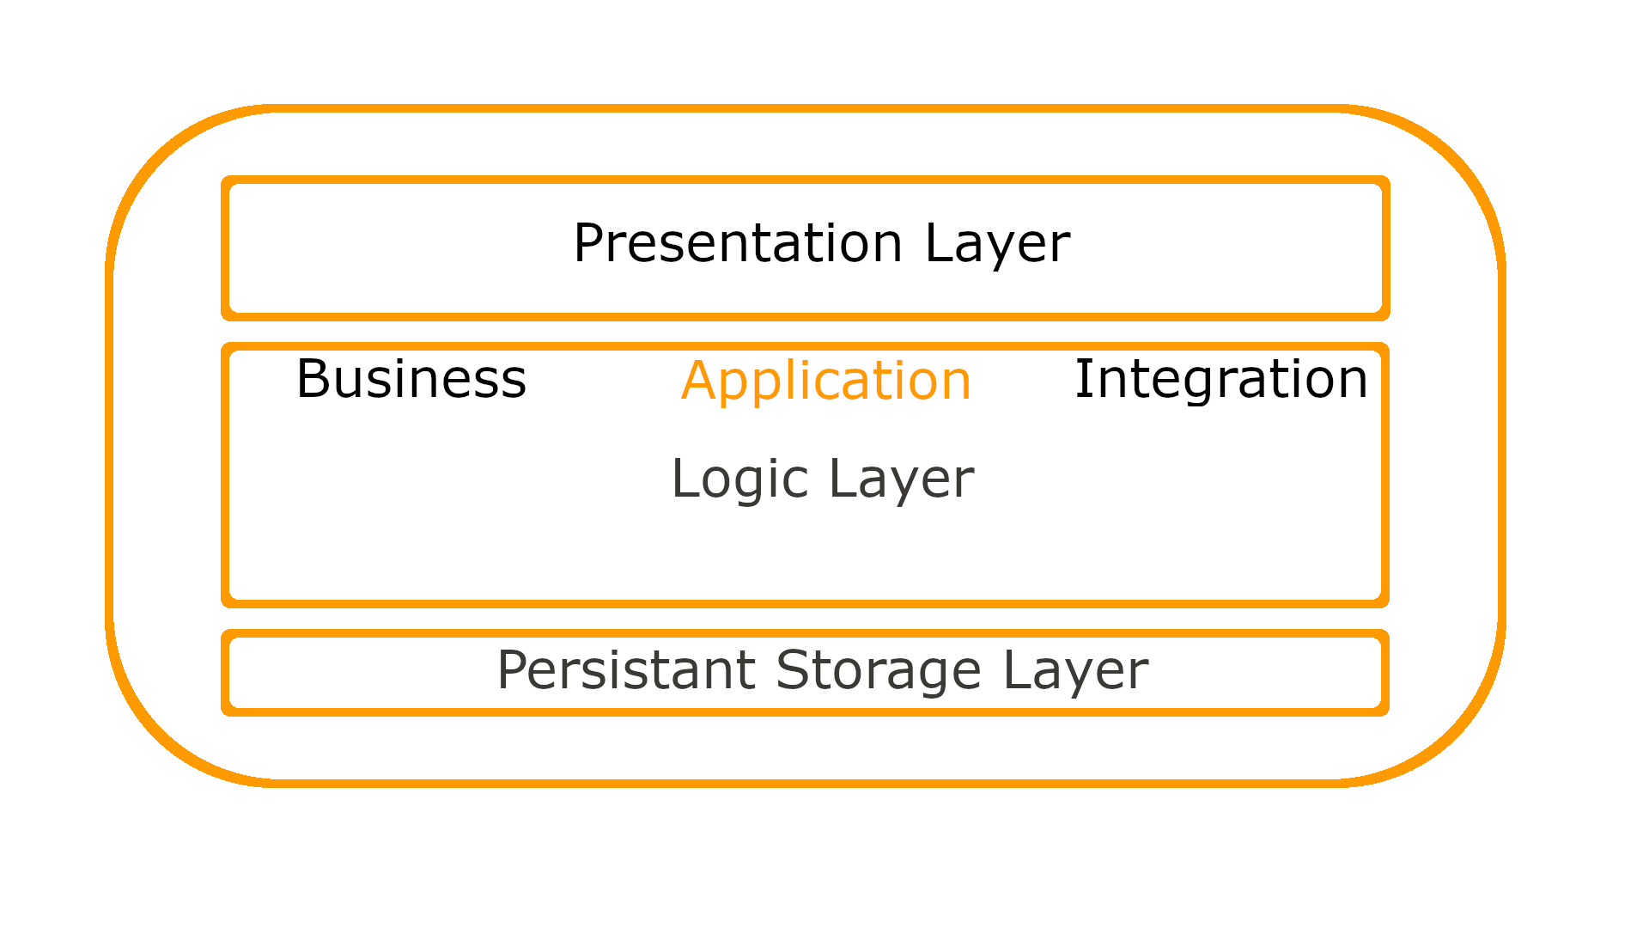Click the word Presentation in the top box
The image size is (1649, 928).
tap(738, 243)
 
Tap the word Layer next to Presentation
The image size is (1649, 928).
tap(997, 243)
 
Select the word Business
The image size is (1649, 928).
tap(411, 379)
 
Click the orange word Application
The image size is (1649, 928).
tap(825, 381)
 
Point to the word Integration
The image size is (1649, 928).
tap(1220, 379)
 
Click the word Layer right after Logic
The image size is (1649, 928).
tap(901, 479)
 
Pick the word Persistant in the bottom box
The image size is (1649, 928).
tap(626, 670)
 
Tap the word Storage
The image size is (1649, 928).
tap(878, 670)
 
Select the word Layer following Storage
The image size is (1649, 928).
tap(1075, 670)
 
